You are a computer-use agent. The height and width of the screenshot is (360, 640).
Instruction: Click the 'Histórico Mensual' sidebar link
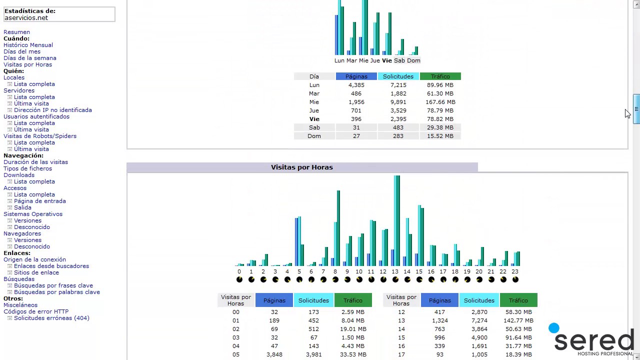[x=28, y=45]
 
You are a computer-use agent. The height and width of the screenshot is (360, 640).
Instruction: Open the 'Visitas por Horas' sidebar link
[x=27, y=64]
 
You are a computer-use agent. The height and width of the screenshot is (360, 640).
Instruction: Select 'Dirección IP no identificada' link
[x=52, y=110]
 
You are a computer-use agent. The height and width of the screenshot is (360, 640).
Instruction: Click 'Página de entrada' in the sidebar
[x=39, y=201]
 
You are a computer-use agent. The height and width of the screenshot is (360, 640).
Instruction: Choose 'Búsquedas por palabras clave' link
[x=56, y=292]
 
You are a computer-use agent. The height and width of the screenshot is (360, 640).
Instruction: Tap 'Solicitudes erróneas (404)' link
[x=51, y=318]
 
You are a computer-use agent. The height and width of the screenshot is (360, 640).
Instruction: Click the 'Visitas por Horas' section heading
[x=301, y=167]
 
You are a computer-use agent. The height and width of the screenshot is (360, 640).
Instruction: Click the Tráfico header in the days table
[x=440, y=76]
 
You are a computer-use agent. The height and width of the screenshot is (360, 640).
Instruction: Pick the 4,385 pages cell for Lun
[x=356, y=85]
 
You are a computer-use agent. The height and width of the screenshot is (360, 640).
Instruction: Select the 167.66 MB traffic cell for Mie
[x=440, y=102]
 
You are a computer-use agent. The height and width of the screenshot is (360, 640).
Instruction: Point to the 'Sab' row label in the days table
[x=314, y=127]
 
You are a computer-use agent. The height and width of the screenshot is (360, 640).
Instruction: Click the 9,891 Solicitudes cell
[x=398, y=102]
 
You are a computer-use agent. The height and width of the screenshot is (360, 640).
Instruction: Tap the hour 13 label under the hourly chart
[x=394, y=271]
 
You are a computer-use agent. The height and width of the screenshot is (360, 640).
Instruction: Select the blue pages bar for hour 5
[x=296, y=242]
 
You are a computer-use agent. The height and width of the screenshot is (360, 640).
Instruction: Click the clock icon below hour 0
[x=239, y=279]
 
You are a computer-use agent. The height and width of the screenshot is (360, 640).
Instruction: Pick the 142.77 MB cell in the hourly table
[x=518, y=320]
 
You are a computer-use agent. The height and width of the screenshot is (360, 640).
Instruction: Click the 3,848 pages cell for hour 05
[x=274, y=354]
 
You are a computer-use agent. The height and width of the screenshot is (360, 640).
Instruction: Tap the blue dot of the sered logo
[x=553, y=328]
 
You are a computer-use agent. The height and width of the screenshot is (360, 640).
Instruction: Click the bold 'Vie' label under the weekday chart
[x=386, y=60]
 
